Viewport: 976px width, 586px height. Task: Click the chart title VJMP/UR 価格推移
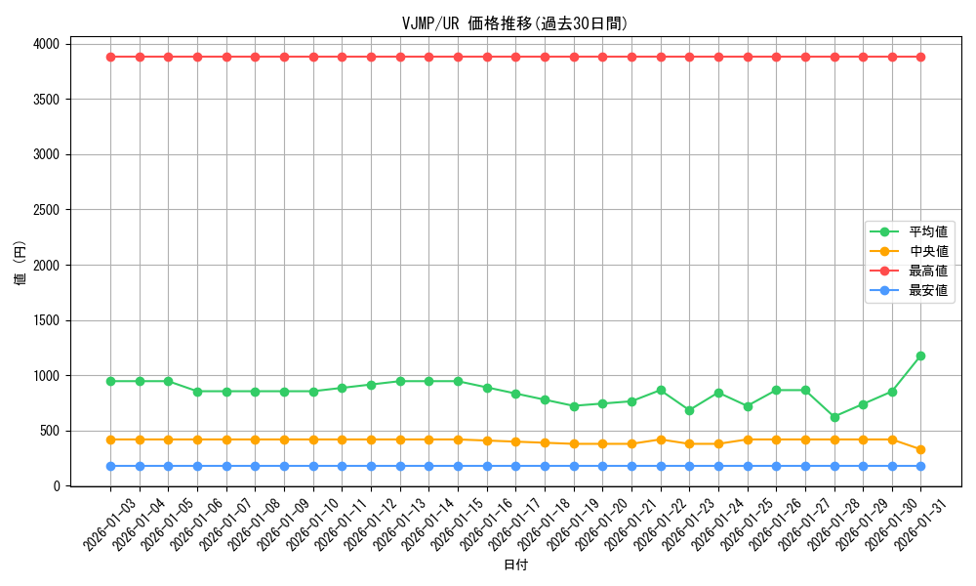coord(514,23)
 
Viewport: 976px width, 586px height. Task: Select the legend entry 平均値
coord(927,231)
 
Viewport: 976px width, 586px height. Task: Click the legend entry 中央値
coord(927,251)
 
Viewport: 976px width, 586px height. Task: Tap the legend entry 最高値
coord(927,271)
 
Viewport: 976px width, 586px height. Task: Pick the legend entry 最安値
coord(927,290)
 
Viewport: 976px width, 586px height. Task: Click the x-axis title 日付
coord(515,565)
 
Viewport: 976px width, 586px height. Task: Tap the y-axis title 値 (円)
coord(20,265)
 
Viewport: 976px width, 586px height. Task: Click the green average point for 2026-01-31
coord(920,356)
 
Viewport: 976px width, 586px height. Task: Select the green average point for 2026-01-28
coord(834,417)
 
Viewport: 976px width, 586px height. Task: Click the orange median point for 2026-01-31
coord(920,449)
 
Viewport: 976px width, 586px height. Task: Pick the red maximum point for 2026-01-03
coord(110,57)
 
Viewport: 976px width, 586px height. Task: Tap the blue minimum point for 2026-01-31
coord(920,466)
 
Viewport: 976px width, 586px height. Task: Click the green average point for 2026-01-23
coord(689,410)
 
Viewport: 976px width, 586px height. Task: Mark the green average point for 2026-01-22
coord(661,390)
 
